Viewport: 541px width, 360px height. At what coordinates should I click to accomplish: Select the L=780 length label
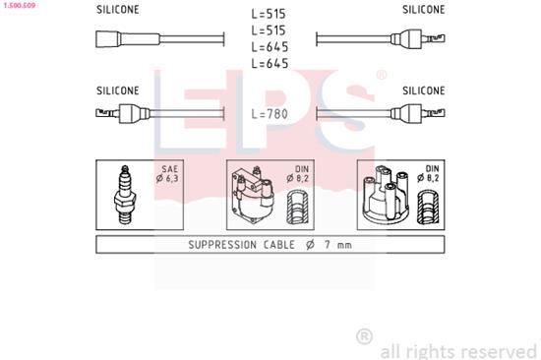point(270,114)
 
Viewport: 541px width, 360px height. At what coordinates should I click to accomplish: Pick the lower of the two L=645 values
point(270,64)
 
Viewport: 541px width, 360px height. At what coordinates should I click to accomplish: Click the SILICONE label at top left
point(118,10)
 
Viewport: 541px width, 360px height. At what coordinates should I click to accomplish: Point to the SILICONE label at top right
point(424,10)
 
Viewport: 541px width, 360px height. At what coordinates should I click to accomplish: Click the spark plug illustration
point(125,194)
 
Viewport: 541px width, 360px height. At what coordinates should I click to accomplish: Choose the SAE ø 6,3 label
point(168,175)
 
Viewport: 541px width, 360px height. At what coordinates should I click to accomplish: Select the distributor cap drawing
point(386,197)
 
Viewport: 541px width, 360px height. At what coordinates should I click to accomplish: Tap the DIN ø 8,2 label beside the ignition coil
point(300,175)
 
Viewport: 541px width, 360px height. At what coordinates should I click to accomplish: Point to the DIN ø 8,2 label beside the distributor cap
point(429,175)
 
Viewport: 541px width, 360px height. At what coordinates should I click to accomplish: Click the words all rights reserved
point(457,349)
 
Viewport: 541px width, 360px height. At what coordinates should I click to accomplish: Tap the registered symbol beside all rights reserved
point(364,336)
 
